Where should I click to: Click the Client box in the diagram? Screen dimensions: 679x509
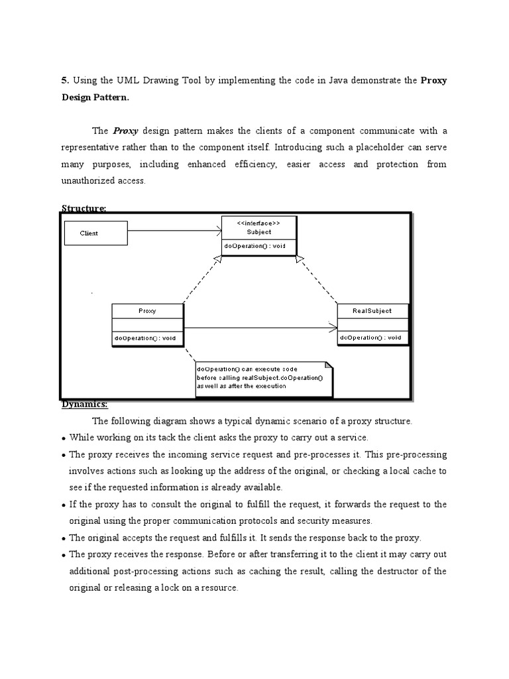coord(95,233)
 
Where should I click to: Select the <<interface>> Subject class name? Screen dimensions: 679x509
coord(258,228)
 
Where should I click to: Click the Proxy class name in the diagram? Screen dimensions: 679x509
coord(147,311)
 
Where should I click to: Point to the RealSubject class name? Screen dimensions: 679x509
coord(373,311)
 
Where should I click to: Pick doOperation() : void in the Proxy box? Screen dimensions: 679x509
coord(145,338)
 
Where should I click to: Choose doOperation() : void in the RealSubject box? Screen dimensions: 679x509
coord(370,338)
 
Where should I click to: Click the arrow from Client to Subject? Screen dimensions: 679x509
coord(174,231)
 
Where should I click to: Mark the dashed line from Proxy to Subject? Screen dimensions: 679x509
coord(201,279)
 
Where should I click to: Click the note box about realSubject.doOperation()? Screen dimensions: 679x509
coord(263,378)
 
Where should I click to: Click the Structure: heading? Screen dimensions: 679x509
coord(84,208)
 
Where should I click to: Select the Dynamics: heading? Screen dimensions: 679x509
coord(84,404)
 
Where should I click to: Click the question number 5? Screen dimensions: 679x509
coord(64,81)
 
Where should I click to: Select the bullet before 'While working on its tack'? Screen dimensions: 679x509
coord(63,438)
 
